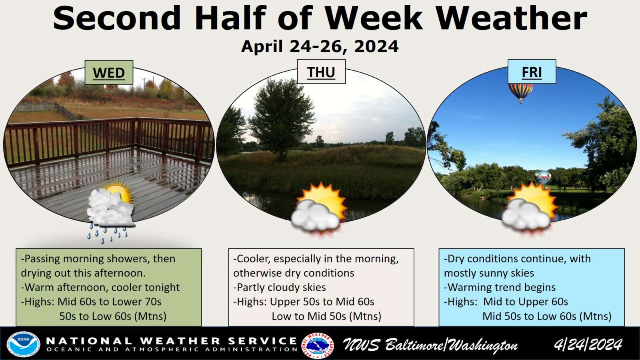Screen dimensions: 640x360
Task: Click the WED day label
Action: (x=109, y=72)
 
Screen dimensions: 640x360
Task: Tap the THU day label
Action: (x=321, y=72)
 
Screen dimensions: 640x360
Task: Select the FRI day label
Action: (x=532, y=72)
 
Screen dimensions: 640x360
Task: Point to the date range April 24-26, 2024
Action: (x=320, y=46)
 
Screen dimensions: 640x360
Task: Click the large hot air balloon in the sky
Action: (x=520, y=92)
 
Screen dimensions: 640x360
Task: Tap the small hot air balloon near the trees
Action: (x=542, y=178)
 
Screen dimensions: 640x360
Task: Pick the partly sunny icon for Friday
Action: (x=530, y=208)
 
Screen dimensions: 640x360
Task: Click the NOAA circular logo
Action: (x=23, y=344)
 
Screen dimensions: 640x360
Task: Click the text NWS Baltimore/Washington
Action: (x=430, y=345)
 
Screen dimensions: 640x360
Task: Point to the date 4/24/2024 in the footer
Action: (x=588, y=344)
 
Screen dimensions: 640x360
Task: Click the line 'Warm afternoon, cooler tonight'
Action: (x=100, y=287)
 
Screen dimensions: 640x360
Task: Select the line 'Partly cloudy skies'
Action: (x=280, y=287)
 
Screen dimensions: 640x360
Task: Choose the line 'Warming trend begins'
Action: (x=500, y=287)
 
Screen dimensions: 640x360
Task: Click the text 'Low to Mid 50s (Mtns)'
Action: (x=326, y=316)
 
